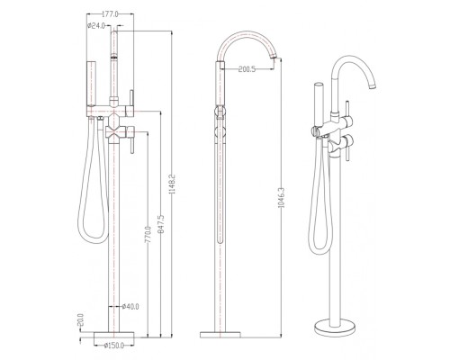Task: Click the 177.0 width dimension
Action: pos(111,14)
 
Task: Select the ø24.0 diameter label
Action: pos(96,26)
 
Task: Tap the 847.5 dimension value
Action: pos(161,224)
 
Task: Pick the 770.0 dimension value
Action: pos(148,237)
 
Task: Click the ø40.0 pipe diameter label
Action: pos(130,306)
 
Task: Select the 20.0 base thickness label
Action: pos(80,319)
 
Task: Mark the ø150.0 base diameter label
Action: pos(113,346)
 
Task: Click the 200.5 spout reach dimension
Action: pos(247,69)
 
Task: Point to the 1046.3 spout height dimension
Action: pos(281,198)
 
